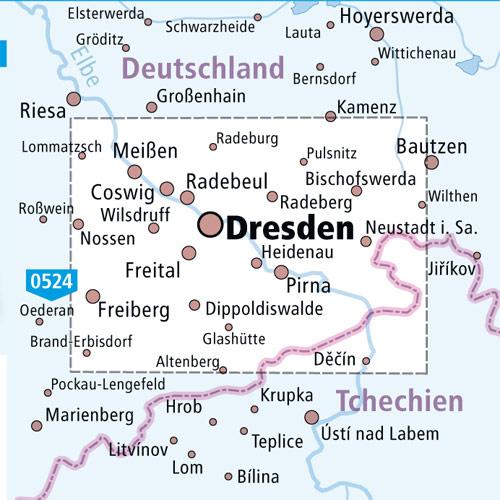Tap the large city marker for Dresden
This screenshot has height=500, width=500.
pyautogui.click(x=211, y=224)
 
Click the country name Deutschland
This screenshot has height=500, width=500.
pyautogui.click(x=203, y=68)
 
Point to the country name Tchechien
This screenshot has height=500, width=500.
pyautogui.click(x=399, y=401)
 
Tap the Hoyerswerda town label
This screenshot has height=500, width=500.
pyautogui.click(x=396, y=17)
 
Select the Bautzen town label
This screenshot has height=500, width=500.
pyautogui.click(x=431, y=146)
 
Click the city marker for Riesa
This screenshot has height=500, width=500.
pyautogui.click(x=73, y=98)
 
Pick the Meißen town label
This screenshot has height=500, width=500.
pyautogui.click(x=146, y=151)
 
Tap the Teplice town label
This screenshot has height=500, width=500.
pyautogui.click(x=276, y=441)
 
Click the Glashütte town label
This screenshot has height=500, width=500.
pyautogui.click(x=233, y=339)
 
